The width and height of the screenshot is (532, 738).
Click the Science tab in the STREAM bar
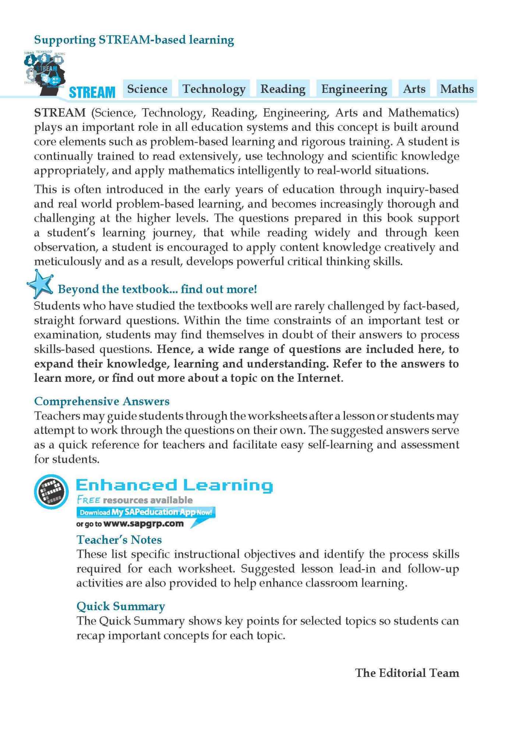(x=147, y=89)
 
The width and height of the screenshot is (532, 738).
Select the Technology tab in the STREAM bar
(x=214, y=89)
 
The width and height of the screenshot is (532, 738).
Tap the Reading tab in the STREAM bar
(x=283, y=89)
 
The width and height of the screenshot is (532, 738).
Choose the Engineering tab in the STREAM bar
(x=354, y=89)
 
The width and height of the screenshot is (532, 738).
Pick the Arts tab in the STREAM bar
(x=414, y=89)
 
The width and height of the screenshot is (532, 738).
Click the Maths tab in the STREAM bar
(x=457, y=89)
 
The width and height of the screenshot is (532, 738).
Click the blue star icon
(x=40, y=284)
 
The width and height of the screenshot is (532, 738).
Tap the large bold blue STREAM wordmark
(x=92, y=92)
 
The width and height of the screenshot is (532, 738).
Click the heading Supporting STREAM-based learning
(x=134, y=40)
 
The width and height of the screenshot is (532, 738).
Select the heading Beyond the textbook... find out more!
(x=157, y=289)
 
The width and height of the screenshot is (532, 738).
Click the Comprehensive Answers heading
(x=102, y=401)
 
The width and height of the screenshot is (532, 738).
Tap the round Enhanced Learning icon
(x=51, y=492)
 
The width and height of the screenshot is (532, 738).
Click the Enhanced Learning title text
(x=174, y=485)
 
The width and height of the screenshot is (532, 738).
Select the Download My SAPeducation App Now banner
(x=146, y=512)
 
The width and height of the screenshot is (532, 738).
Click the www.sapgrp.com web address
(x=144, y=524)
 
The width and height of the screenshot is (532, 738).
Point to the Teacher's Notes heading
(x=119, y=540)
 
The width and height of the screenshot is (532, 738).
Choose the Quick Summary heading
(x=120, y=606)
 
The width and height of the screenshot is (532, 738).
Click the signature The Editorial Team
(x=407, y=673)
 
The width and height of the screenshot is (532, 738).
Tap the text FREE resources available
(x=135, y=500)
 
